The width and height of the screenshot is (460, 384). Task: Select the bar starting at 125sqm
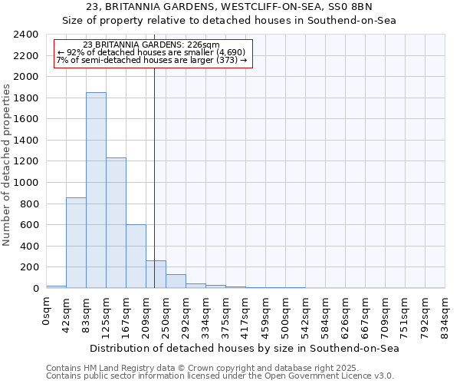point(116,223)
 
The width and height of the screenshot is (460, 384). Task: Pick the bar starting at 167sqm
point(136,257)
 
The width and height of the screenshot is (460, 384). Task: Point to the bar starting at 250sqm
point(176,281)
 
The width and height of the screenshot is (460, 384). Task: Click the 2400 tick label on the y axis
point(26,35)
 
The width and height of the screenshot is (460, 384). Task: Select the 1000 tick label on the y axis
point(26,183)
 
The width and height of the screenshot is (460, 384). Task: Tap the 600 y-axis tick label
point(29,225)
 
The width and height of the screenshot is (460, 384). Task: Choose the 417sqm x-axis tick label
point(246,316)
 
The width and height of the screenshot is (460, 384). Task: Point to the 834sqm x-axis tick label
point(445,316)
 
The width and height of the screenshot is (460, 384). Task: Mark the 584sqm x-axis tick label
point(326,316)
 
